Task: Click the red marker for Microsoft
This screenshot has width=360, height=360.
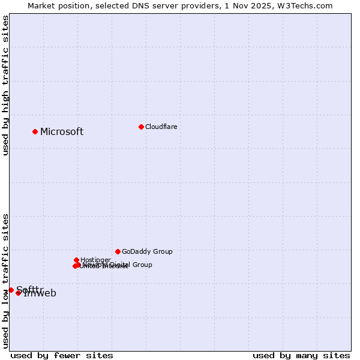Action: (35, 131)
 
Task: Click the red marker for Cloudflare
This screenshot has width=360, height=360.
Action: (141, 127)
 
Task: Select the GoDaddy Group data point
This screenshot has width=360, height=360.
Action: (118, 251)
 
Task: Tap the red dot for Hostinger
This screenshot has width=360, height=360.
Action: (76, 260)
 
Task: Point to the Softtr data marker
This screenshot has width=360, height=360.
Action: (11, 290)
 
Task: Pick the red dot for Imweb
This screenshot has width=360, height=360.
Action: (19, 293)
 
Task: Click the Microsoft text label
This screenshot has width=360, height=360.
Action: (62, 132)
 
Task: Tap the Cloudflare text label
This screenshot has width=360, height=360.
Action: (161, 127)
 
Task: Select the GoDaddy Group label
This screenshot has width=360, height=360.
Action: (147, 251)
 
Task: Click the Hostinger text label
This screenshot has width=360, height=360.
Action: (95, 260)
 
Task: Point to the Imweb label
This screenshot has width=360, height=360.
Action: (40, 293)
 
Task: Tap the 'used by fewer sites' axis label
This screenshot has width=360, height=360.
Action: (62, 355)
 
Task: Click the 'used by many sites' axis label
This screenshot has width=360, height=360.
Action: (301, 355)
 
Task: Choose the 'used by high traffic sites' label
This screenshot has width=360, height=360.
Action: (5, 85)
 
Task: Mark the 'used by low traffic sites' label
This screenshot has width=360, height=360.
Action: (5, 281)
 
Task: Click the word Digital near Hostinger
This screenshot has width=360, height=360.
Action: (119, 265)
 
